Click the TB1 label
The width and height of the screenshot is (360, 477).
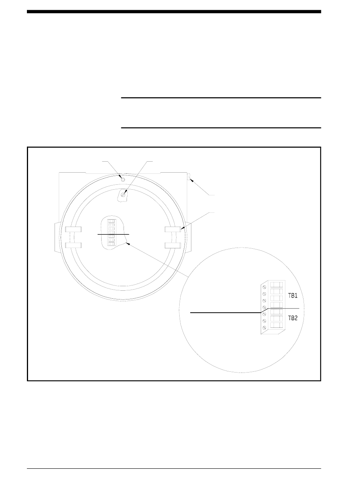(x=292, y=296)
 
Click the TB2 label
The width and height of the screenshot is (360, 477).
(x=292, y=318)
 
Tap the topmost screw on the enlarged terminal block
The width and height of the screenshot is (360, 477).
(x=264, y=287)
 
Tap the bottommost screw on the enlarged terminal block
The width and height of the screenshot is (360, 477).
(x=264, y=327)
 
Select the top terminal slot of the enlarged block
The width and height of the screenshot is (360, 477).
(x=276, y=285)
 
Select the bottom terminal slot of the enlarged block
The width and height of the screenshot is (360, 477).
(x=276, y=325)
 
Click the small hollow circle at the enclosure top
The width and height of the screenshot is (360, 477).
(x=123, y=179)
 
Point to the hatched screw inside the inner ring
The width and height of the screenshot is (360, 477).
(x=123, y=195)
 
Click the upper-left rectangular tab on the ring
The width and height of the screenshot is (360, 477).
(x=73, y=229)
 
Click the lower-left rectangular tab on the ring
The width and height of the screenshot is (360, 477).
(x=73, y=245)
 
